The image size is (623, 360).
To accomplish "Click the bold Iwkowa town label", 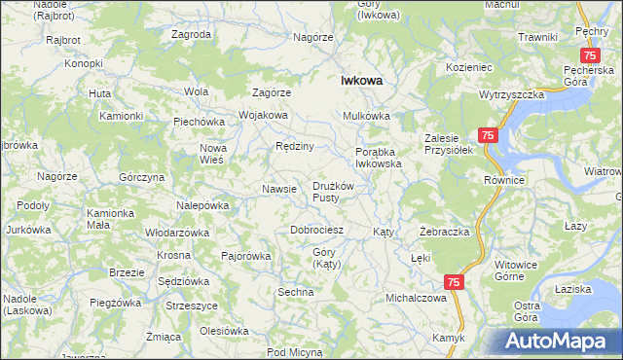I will click(x=360, y=82).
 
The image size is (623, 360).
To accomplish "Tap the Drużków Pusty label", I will click(x=338, y=192).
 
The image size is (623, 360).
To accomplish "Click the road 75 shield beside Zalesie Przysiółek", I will click(x=489, y=136).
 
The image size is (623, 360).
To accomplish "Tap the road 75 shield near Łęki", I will click(x=454, y=281).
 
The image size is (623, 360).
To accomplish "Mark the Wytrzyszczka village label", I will click(x=510, y=96).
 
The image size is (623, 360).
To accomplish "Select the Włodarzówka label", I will click(x=177, y=234).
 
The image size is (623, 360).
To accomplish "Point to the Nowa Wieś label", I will click(x=213, y=154).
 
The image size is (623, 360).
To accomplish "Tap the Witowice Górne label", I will click(x=516, y=270).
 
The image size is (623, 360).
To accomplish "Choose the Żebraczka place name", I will click(x=445, y=233).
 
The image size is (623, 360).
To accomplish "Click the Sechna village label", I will click(x=295, y=292).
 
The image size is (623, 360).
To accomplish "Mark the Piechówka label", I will click(x=200, y=122).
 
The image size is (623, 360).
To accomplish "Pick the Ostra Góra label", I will click(x=526, y=312).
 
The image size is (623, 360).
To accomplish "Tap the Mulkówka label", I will click(x=366, y=116).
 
